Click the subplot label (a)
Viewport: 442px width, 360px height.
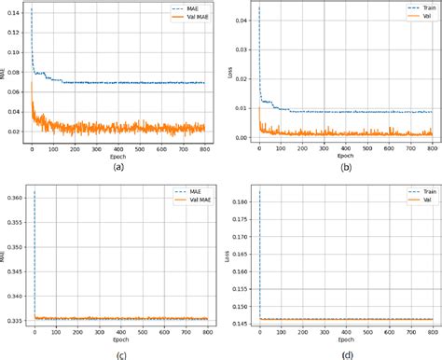pyautogui.click(x=116, y=167)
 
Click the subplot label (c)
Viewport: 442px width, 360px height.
pyautogui.click(x=116, y=353)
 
